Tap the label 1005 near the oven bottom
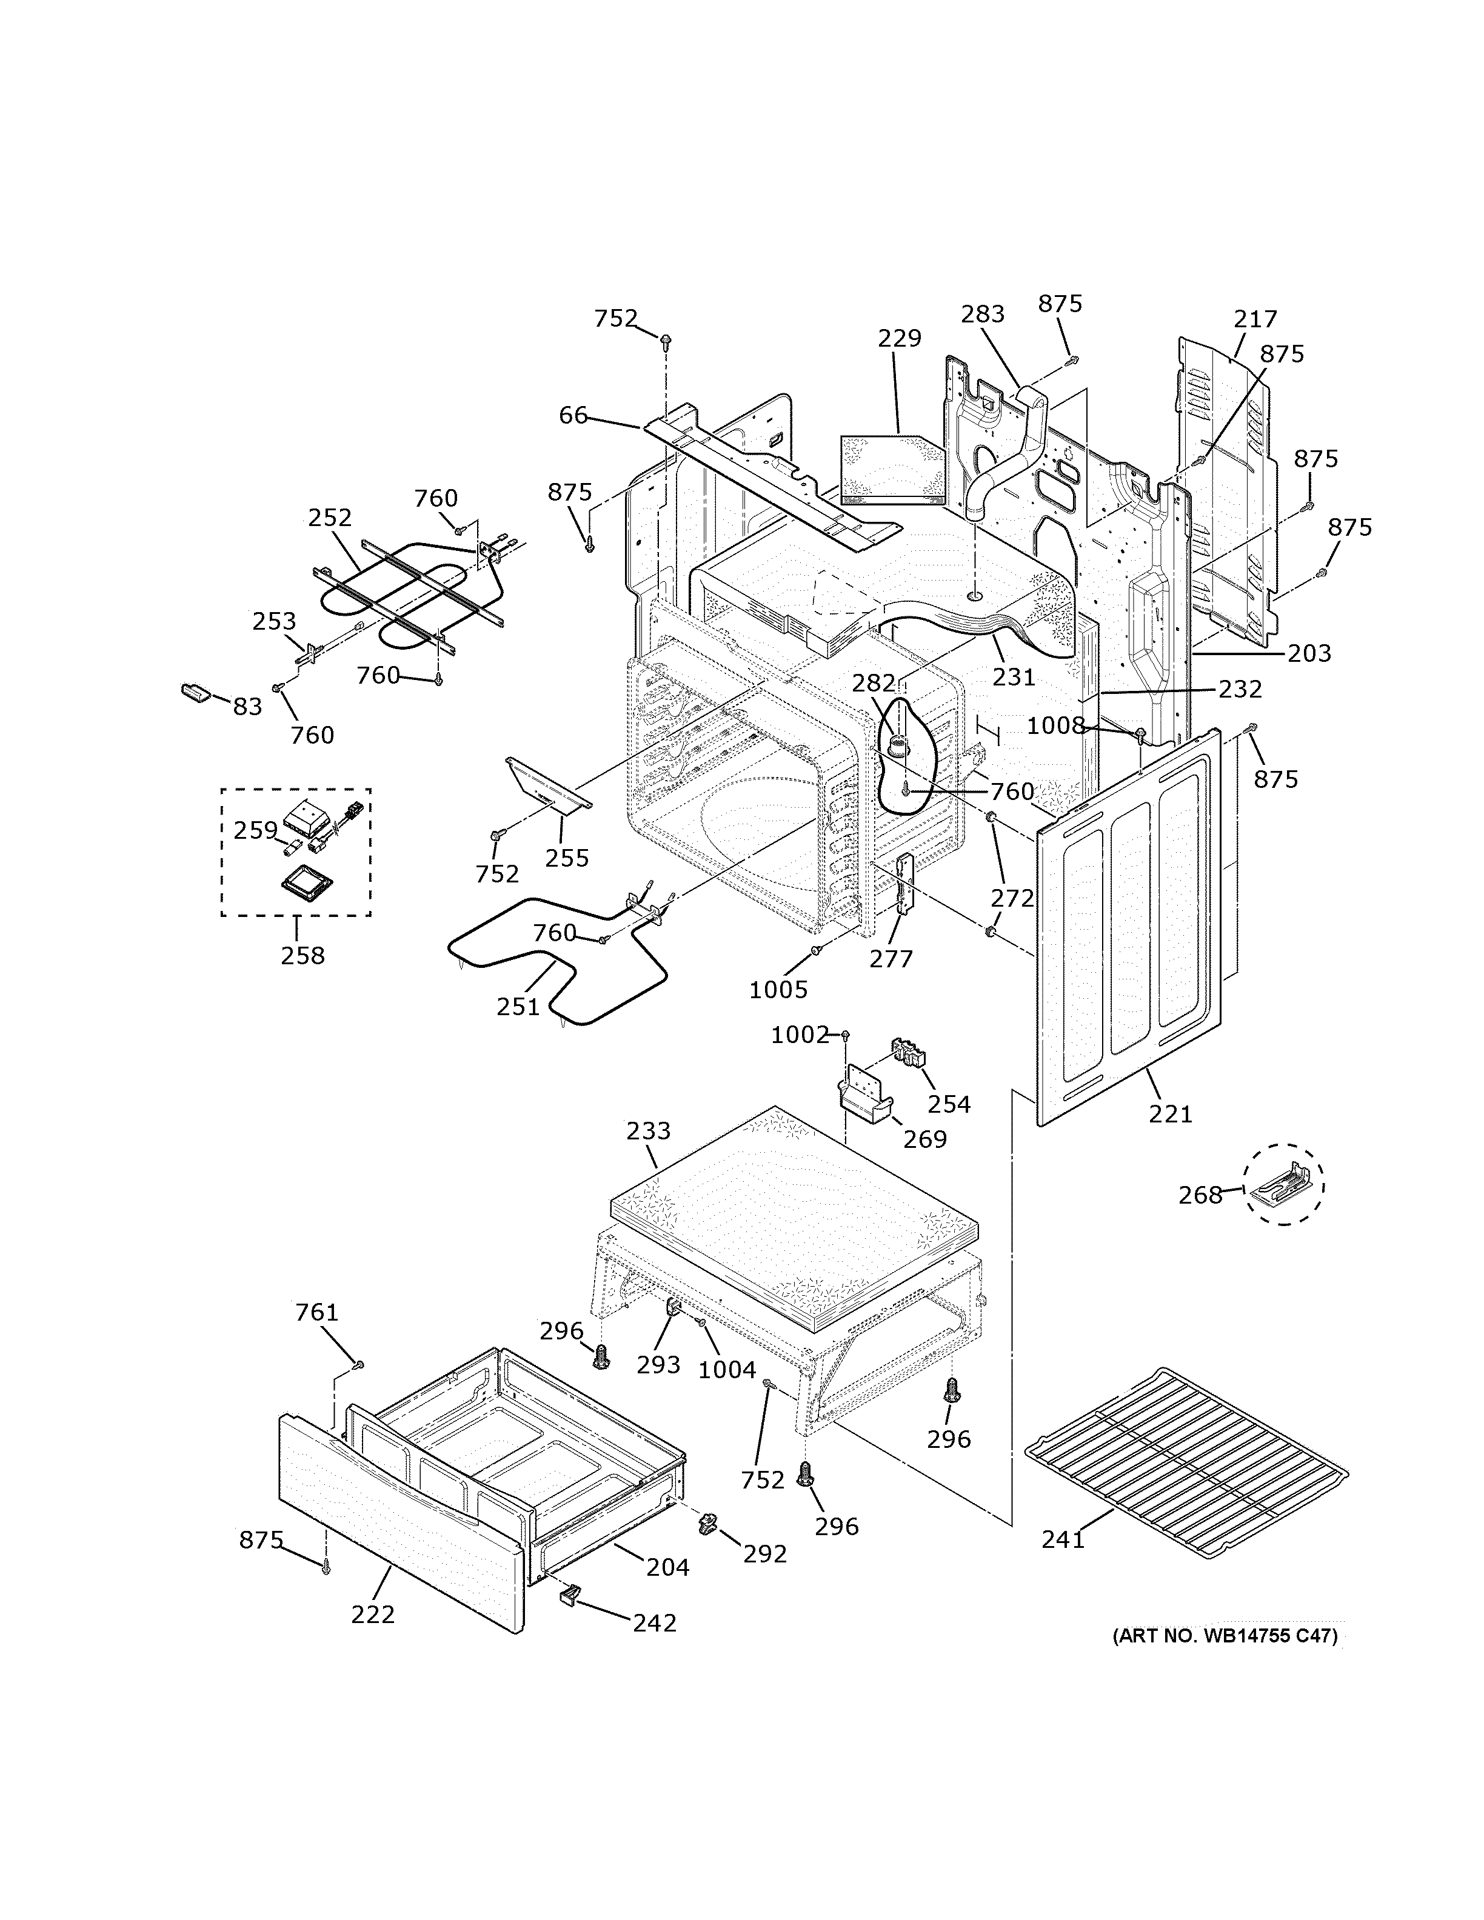tap(778, 990)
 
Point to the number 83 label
tap(247, 706)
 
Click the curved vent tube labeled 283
tap(1002, 457)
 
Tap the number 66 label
tap(573, 415)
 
